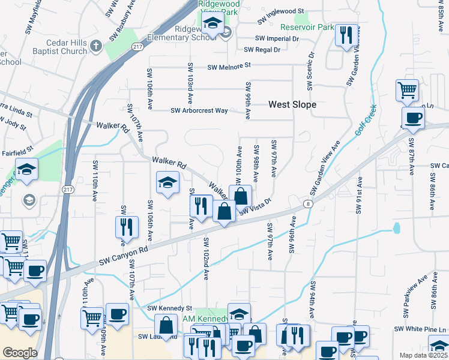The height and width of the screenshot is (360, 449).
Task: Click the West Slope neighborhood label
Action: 292,104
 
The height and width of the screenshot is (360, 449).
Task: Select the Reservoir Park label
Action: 307,27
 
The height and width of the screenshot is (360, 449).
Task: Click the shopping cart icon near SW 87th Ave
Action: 407,90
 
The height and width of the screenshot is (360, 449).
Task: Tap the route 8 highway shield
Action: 307,204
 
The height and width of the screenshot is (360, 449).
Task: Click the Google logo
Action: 20,352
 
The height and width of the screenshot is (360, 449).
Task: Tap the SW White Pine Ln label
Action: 420,329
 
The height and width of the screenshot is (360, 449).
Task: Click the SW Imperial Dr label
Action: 277,38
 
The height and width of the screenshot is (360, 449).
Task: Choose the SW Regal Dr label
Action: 262,50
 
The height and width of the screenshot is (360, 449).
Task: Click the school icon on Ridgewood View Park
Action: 212,24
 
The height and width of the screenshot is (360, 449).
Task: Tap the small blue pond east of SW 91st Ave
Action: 396,228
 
